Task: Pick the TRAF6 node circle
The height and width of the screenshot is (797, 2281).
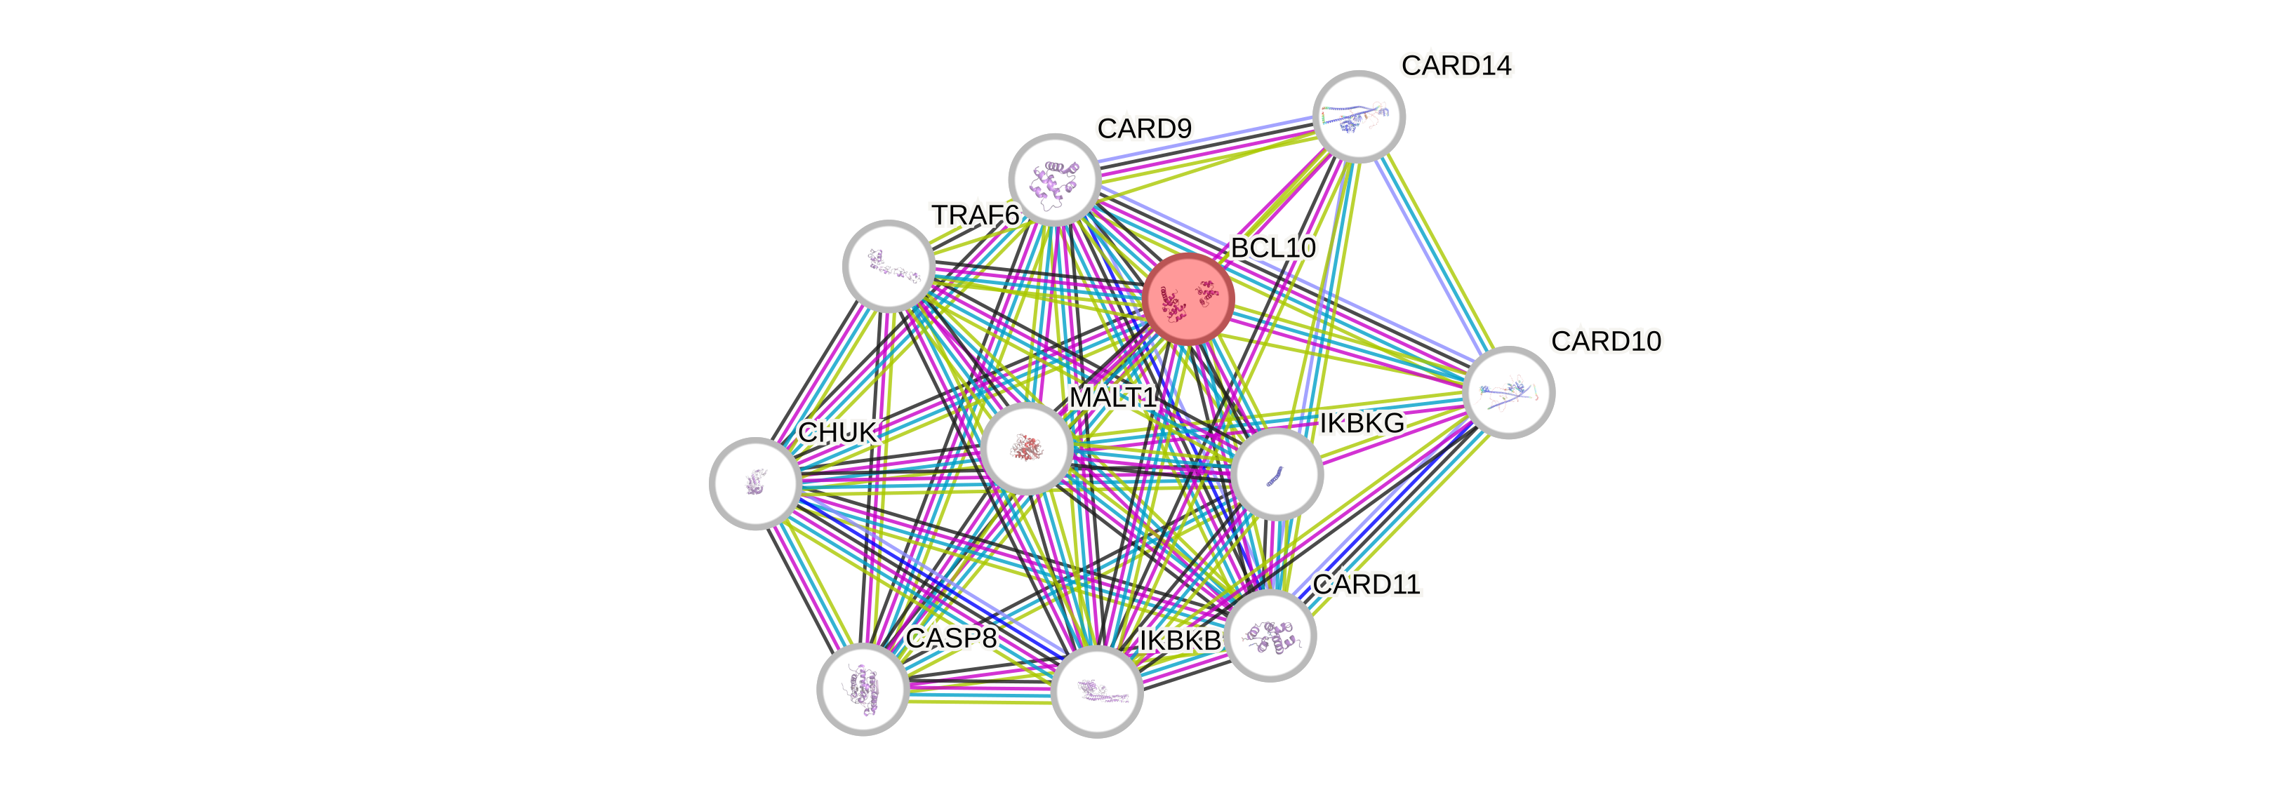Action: pyautogui.click(x=888, y=266)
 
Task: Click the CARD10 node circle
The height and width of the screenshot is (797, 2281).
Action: pyautogui.click(x=1508, y=392)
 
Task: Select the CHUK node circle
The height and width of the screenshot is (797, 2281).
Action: pyautogui.click(x=755, y=483)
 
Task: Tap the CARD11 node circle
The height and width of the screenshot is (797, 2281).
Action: pyautogui.click(x=1270, y=636)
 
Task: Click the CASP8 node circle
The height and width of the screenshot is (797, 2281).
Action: pyautogui.click(x=863, y=689)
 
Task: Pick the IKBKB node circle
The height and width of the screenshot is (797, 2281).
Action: pyautogui.click(x=1097, y=691)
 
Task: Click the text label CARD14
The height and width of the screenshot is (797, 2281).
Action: pyautogui.click(x=1456, y=65)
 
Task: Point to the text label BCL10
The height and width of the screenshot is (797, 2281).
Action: pyautogui.click(x=1272, y=248)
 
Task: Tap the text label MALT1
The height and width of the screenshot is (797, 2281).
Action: pyautogui.click(x=1113, y=398)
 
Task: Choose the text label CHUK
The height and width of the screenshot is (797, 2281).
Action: pyautogui.click(x=837, y=433)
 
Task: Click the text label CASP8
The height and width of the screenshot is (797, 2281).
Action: pyautogui.click(x=951, y=638)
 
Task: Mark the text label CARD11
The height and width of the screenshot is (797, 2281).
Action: pyautogui.click(x=1366, y=584)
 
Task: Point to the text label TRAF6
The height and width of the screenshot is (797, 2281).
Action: pyautogui.click(x=975, y=215)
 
